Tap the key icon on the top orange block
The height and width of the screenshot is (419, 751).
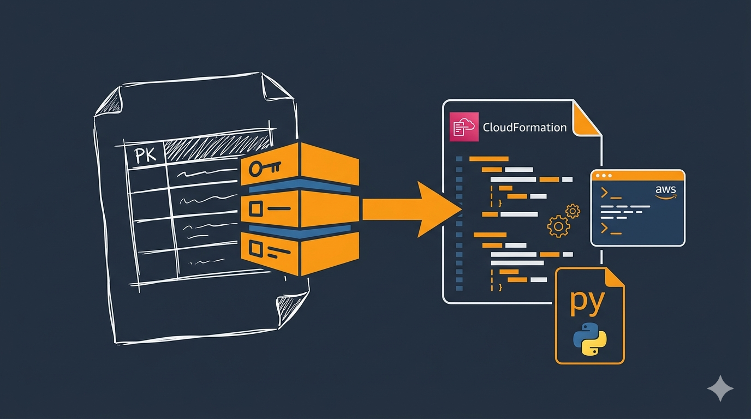point(264,168)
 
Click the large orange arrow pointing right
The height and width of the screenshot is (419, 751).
point(415,209)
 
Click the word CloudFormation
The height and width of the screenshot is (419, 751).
point(524,128)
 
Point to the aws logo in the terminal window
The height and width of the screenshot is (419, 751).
point(665,191)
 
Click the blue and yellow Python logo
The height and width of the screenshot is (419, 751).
point(590,339)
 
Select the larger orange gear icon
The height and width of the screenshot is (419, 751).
point(558,226)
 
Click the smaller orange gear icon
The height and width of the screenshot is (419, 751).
point(573,211)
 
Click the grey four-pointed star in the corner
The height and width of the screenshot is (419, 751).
point(720,388)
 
